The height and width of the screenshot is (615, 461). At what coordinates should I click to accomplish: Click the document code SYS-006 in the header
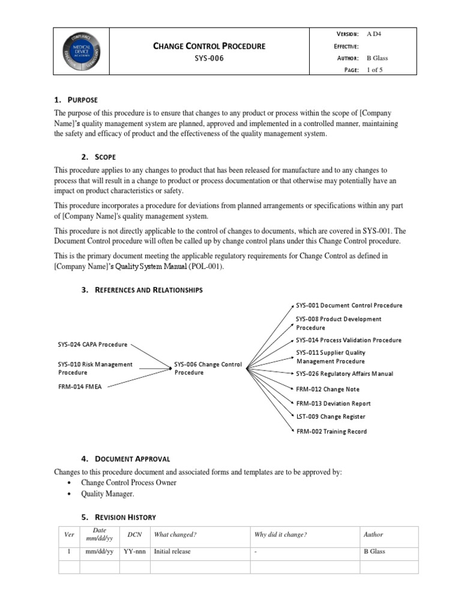(x=209, y=59)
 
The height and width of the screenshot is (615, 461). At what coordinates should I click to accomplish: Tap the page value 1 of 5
(x=376, y=70)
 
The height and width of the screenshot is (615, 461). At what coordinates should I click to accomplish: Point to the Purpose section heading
(x=82, y=100)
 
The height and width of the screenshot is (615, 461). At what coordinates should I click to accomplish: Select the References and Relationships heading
(x=142, y=290)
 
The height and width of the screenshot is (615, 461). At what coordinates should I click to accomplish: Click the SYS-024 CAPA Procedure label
(x=92, y=345)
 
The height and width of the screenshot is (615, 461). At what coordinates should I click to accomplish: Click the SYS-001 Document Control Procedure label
(x=349, y=305)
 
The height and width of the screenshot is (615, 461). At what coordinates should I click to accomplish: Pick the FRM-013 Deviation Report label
(x=333, y=404)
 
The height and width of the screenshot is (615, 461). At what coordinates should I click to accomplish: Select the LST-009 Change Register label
(x=330, y=417)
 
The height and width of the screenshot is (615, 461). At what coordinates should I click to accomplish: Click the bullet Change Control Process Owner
(x=129, y=483)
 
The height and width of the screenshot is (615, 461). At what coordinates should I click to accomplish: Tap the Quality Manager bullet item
(x=108, y=494)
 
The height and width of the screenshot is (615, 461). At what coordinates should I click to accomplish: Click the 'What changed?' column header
(x=175, y=535)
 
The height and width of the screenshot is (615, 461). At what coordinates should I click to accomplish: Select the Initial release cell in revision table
(x=172, y=551)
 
